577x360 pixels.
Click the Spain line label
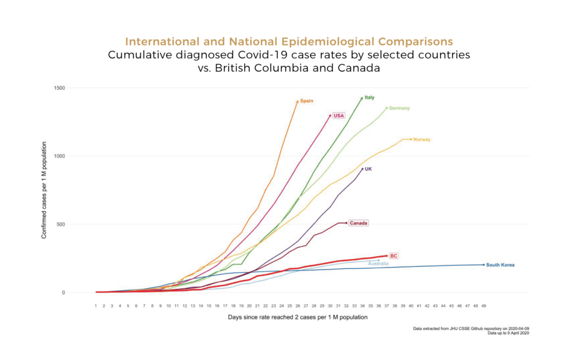[307, 101]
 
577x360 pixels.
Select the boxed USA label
[339, 115]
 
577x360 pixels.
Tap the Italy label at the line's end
[370, 97]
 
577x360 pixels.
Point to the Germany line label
[399, 108]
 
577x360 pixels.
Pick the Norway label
[422, 139]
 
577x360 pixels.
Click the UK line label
[368, 168]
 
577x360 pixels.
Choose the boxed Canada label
[358, 223]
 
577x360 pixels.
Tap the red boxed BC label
[394, 256]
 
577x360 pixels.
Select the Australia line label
[378, 263]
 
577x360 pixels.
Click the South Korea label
[500, 265]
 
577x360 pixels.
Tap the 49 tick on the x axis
[483, 305]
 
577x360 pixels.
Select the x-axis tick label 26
[298, 305]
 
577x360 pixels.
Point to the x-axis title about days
[289, 317]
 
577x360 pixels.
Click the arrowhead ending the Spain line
[297, 101]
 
